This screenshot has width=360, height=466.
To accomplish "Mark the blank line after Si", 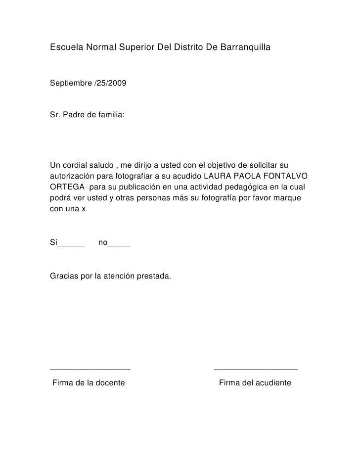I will click(x=72, y=244).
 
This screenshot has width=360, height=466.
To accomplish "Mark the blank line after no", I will click(x=119, y=244).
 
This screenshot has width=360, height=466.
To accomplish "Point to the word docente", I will click(x=110, y=383).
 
